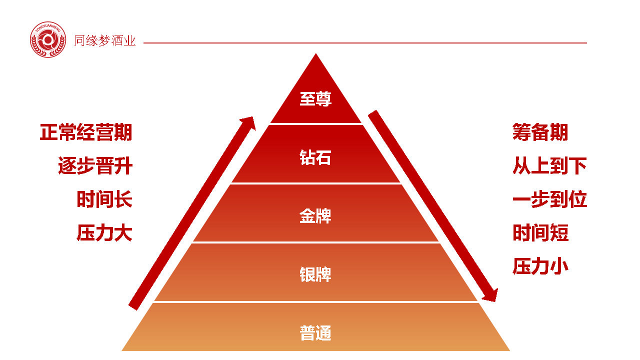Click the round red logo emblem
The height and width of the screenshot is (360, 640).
48,39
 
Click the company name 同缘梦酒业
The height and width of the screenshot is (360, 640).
105,41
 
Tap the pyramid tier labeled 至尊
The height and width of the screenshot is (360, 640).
315,99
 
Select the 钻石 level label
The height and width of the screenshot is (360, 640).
315,158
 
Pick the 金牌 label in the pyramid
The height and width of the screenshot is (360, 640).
315,216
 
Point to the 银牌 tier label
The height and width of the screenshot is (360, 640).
315,275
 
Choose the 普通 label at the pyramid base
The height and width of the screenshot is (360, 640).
315,333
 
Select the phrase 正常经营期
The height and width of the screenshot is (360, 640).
86,133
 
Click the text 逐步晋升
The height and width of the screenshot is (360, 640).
95,166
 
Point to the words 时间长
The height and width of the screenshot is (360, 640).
104,199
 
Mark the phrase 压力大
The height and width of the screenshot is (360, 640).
104,233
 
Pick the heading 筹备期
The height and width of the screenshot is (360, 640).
540,133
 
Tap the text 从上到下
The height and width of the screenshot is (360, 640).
549,166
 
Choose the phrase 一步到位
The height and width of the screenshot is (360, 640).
549,199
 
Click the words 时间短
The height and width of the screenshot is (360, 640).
540,233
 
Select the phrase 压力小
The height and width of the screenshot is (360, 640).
540,266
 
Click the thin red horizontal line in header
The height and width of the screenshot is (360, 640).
365,43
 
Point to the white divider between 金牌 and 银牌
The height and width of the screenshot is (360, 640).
316,242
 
